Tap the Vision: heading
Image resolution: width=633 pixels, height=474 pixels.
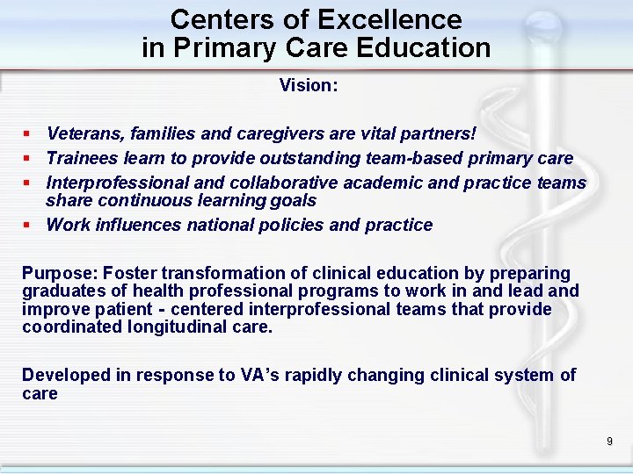pyautogui.click(x=309, y=85)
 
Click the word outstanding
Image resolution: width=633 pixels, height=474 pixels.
pyautogui.click(x=291, y=158)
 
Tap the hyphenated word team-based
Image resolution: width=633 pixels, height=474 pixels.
pyautogui.click(x=412, y=158)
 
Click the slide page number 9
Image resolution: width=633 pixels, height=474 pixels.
pyautogui.click(x=609, y=442)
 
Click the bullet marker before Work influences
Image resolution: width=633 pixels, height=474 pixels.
pyautogui.click(x=28, y=225)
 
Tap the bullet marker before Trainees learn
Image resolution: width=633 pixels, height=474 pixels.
pyautogui.click(x=28, y=158)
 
